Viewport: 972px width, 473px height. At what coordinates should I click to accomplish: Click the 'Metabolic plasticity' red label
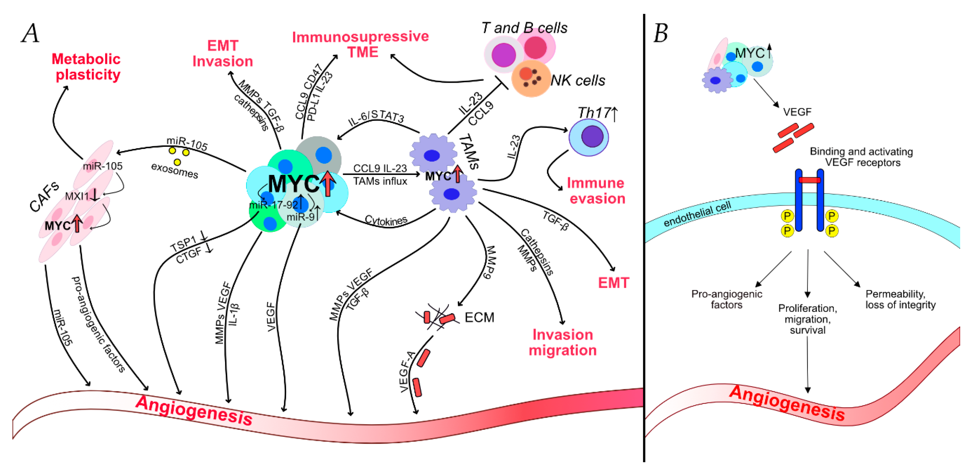[86, 67]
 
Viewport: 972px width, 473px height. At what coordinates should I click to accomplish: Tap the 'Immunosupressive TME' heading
[360, 44]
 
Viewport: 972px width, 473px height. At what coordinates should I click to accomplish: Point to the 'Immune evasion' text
[596, 191]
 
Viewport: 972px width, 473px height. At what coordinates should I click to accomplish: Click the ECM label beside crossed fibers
[479, 317]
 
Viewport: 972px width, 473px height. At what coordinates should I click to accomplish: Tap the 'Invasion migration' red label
[562, 342]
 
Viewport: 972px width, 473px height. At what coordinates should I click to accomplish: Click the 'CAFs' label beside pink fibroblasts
[44, 196]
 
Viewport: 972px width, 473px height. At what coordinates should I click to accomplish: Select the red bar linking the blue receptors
[809, 180]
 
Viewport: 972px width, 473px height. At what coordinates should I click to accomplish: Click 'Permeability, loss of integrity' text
[900, 299]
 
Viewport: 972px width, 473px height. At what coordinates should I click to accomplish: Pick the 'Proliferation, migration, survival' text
[807, 319]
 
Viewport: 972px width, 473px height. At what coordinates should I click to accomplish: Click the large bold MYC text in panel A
[294, 184]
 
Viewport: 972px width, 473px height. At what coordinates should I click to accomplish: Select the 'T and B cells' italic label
[524, 28]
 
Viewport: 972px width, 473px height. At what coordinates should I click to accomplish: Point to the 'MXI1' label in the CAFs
[77, 196]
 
